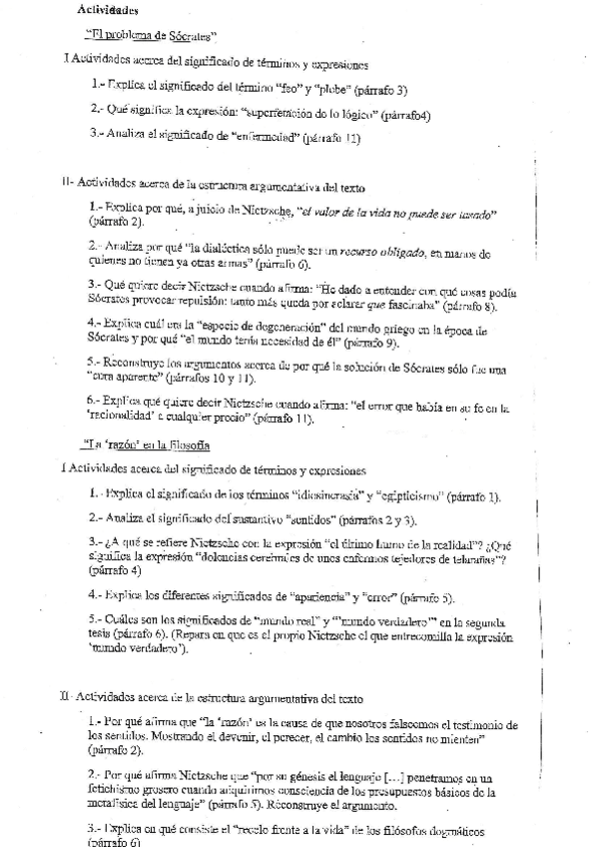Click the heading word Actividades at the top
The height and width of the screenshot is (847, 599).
point(109,11)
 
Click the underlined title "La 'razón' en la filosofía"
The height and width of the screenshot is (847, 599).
point(146,443)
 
